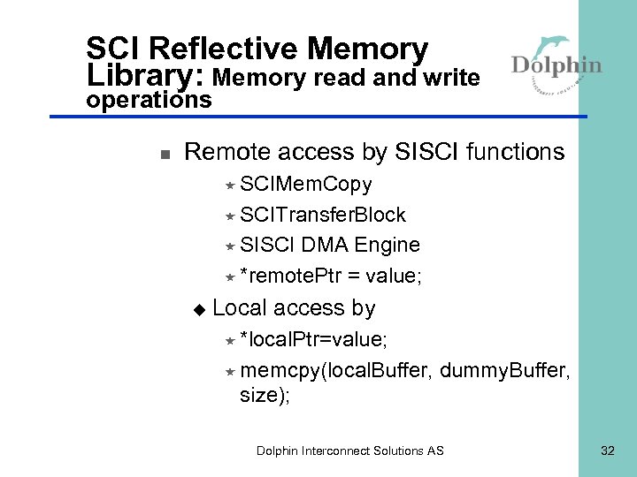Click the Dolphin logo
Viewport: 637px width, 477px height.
point(556,62)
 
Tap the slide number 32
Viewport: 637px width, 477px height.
point(607,450)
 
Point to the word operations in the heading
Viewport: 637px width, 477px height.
point(149,100)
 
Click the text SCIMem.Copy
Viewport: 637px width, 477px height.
point(306,185)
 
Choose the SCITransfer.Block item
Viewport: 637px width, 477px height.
point(323,215)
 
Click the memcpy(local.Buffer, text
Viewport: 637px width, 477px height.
point(336,369)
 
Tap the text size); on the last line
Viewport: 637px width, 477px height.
point(265,396)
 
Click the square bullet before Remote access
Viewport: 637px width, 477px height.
point(164,154)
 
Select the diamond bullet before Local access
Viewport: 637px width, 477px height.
point(199,308)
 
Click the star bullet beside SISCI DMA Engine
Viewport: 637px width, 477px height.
point(229,246)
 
